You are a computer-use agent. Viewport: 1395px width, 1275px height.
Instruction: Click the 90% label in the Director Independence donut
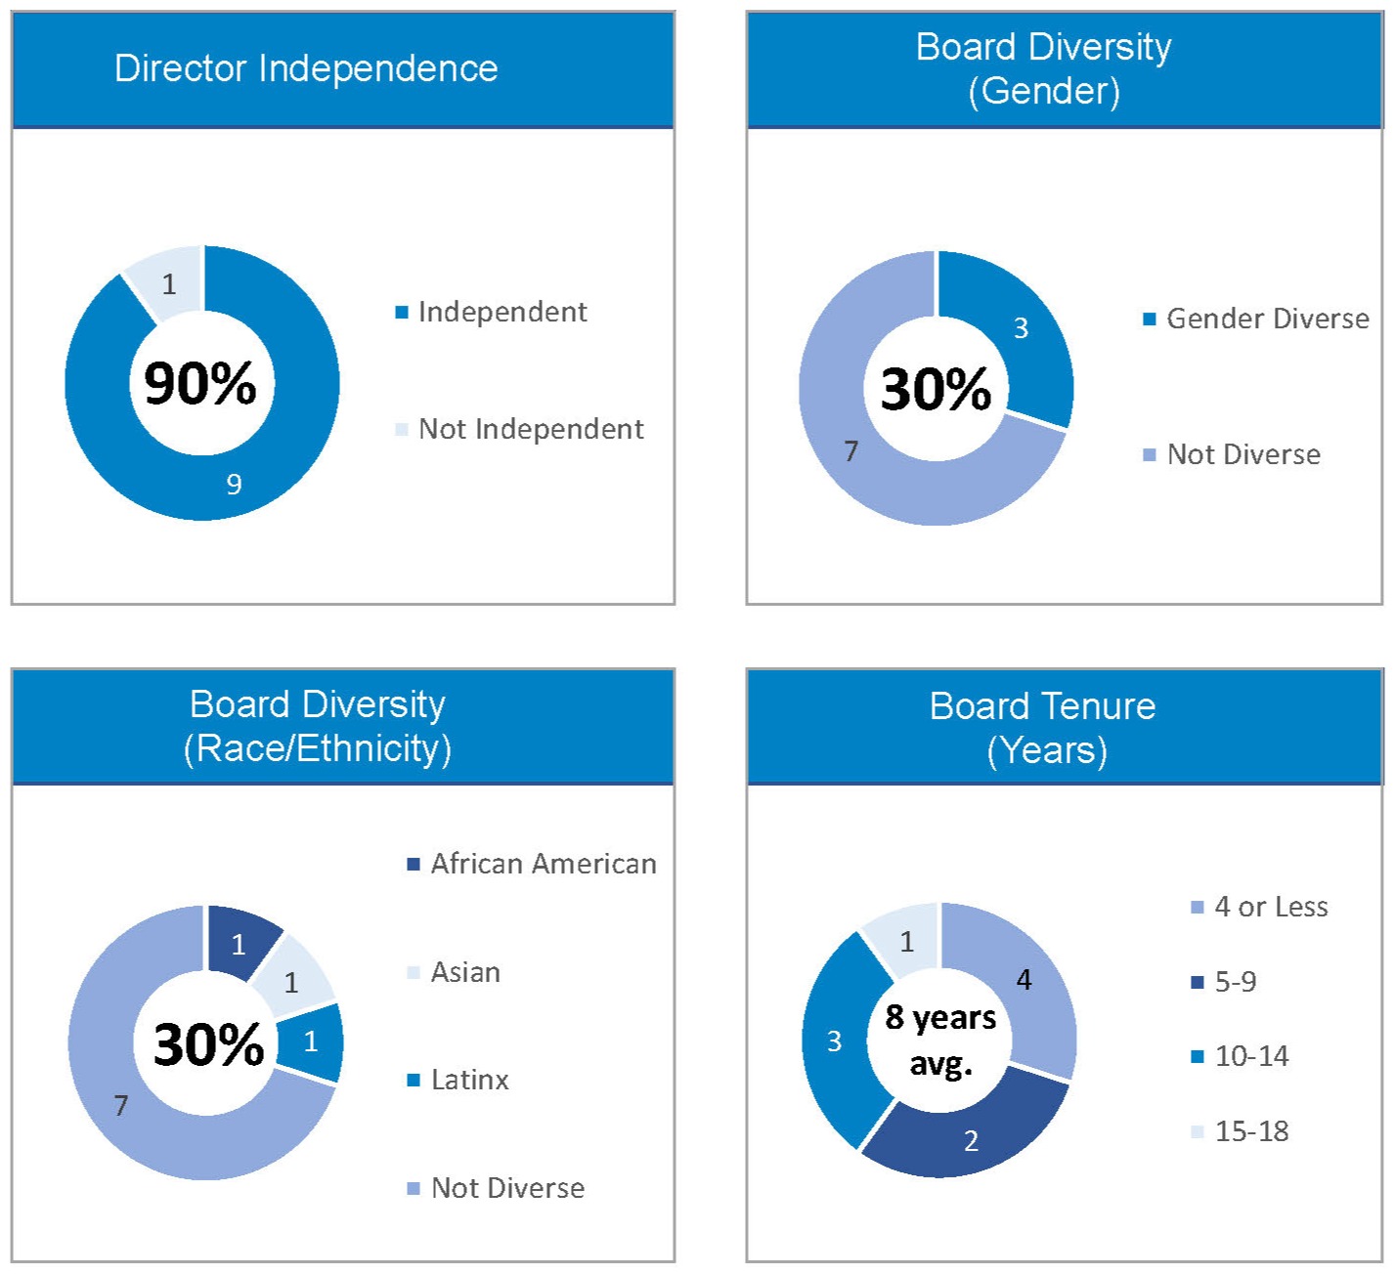[200, 383]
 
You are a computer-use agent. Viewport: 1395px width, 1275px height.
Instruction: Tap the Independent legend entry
[501, 312]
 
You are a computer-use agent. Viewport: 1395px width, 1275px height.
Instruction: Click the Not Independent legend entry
[530, 429]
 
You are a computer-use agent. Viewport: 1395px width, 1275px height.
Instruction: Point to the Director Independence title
[306, 68]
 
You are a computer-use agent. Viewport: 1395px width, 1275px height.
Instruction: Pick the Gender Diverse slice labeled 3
[1020, 328]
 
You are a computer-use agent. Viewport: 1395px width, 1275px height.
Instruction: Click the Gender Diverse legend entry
[1267, 319]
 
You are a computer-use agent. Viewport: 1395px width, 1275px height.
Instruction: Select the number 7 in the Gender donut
[851, 450]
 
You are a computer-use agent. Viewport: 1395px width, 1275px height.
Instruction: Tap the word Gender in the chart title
[1043, 91]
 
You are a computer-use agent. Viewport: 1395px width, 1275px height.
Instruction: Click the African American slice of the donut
[239, 944]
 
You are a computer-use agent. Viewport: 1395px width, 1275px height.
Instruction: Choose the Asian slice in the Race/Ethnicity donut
[291, 982]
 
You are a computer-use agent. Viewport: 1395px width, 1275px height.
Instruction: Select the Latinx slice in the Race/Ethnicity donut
[311, 1041]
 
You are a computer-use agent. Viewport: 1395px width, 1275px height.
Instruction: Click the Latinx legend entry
[469, 1080]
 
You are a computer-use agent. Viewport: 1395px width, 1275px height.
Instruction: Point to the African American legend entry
[543, 864]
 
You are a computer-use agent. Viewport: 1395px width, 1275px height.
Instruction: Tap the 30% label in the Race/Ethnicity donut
[208, 1044]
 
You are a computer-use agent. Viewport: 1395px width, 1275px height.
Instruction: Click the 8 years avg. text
[940, 1040]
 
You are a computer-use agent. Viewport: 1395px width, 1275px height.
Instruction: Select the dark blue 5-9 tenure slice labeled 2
[971, 1140]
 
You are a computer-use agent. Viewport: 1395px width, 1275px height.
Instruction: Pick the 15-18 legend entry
[1250, 1131]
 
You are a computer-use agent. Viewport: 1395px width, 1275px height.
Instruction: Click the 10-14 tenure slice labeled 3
[834, 1041]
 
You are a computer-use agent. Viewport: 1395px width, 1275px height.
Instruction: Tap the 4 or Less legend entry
[1270, 907]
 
